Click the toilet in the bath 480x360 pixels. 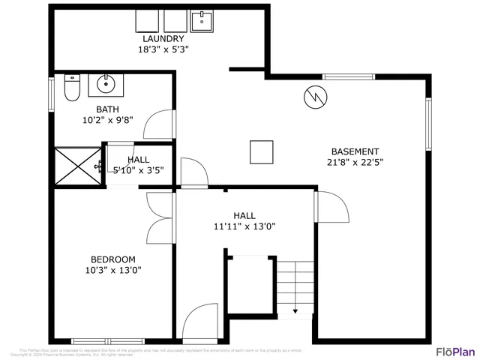click(x=72, y=88)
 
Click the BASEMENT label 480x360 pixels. click(x=355, y=151)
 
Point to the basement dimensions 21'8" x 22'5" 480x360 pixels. click(x=355, y=163)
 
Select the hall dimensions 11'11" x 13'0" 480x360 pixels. click(x=244, y=226)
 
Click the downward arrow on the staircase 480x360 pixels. click(x=295, y=309)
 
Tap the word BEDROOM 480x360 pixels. click(x=112, y=259)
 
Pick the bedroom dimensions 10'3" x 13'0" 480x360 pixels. click(x=112, y=271)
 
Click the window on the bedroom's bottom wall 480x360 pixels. click(x=97, y=340)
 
